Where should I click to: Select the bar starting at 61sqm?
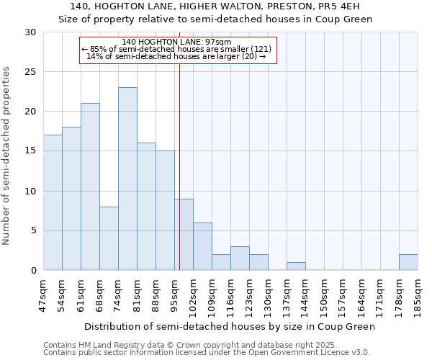[x=90, y=186]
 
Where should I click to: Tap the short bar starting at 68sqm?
[x=109, y=238]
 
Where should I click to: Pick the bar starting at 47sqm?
[x=53, y=202]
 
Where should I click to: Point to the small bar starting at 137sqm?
[x=296, y=266]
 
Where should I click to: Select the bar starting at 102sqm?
[x=202, y=246]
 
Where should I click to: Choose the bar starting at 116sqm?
[x=240, y=258]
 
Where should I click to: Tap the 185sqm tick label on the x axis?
[x=418, y=295]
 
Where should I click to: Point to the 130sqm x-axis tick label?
[x=269, y=295]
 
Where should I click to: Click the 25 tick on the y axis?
[x=30, y=72]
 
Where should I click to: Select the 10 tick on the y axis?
[x=30, y=192]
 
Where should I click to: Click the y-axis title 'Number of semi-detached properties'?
[x=6, y=156]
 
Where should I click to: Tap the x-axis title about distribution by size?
[x=230, y=326]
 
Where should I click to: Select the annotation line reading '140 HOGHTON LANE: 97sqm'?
[x=177, y=42]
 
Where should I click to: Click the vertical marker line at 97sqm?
[x=179, y=166]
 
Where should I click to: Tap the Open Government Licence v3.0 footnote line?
[x=207, y=352]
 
